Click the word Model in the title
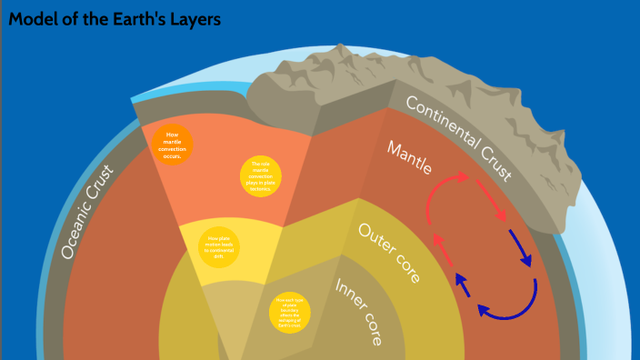pos(34,19)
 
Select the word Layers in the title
pos(194,19)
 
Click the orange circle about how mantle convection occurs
pos(173,145)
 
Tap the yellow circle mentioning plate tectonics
pos(261,176)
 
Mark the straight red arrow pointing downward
pos(495,208)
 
